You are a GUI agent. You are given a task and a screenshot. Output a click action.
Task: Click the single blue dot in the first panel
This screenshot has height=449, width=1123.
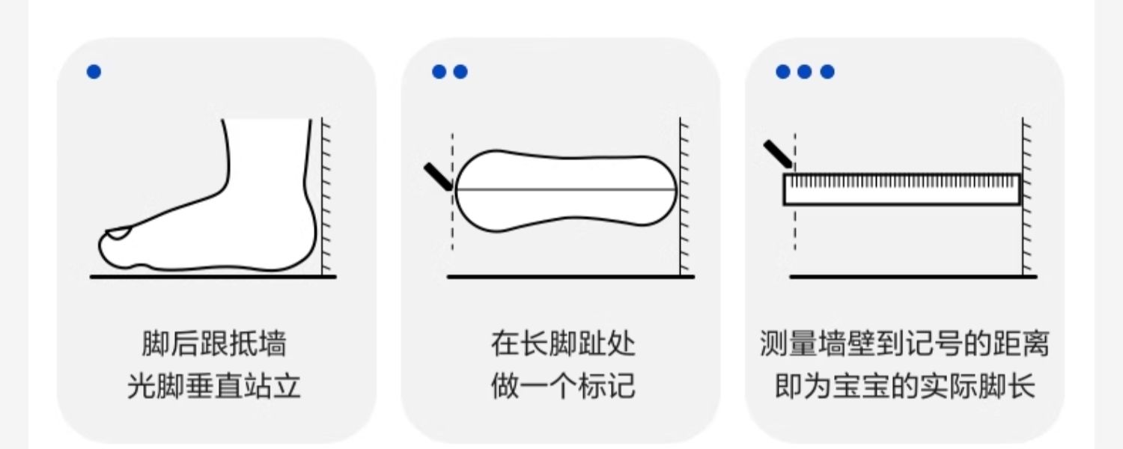click(x=94, y=72)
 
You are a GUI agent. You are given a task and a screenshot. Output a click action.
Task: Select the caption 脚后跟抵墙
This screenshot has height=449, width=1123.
click(x=214, y=344)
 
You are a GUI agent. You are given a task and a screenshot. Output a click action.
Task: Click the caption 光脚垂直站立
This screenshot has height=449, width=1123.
click(x=214, y=388)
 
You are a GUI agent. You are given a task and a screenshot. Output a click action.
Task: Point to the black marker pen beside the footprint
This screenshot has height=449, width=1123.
click(x=438, y=177)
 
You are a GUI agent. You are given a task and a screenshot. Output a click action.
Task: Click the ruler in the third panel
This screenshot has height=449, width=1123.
click(x=902, y=189)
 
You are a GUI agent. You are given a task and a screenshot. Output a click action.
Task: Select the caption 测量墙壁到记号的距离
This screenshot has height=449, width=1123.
click(x=904, y=344)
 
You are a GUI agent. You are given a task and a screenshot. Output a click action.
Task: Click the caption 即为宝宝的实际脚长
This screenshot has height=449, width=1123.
click(x=904, y=388)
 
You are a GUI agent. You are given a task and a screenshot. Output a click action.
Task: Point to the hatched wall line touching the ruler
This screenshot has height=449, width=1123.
click(x=1024, y=224)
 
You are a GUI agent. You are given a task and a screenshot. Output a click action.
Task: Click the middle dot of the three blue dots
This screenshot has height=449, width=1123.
click(x=804, y=72)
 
